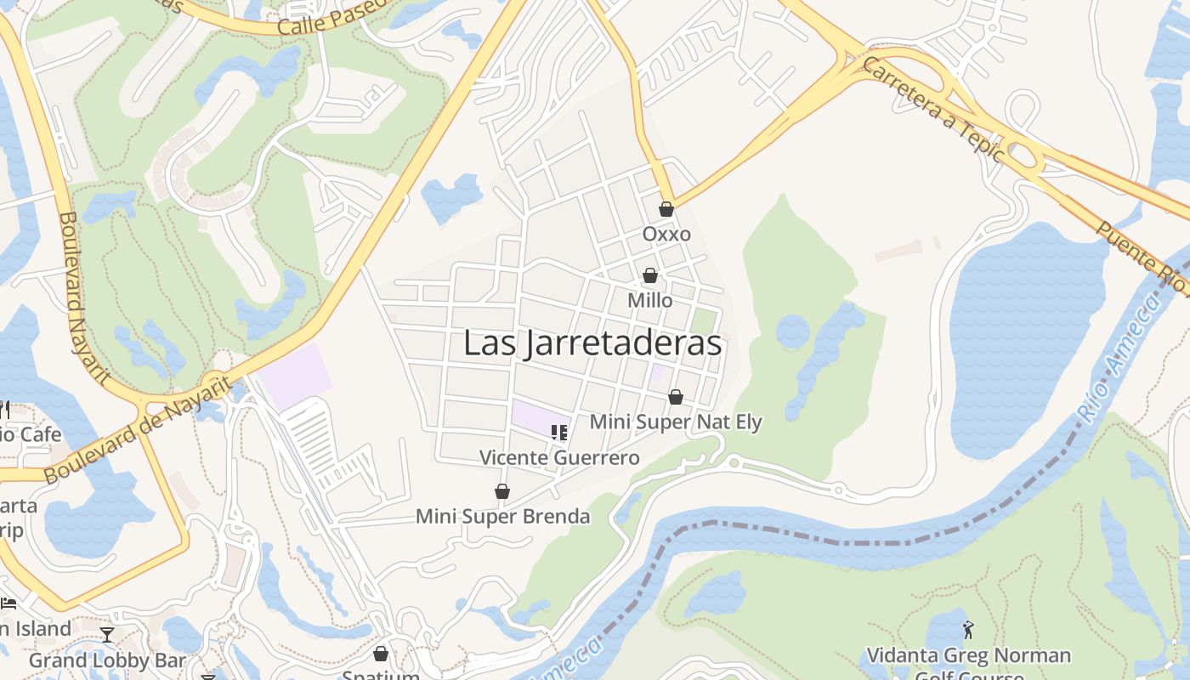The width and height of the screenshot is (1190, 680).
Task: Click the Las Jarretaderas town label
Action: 592,343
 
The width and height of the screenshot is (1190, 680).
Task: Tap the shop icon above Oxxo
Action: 666,209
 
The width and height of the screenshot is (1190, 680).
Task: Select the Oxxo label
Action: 666,234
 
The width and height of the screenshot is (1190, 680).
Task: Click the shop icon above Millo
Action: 650,275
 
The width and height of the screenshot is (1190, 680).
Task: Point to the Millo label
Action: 650,300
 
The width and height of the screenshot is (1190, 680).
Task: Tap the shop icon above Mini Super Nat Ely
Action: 676,397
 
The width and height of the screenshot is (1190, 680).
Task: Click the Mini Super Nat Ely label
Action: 676,422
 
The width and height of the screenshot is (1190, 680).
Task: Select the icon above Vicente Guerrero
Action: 558,433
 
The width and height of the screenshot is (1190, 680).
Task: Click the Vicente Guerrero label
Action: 559,457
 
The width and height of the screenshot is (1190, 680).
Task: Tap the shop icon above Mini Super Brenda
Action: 502,491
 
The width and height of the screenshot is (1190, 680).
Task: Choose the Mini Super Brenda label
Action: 502,516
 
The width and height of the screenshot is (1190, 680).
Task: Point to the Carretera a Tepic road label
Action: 933,110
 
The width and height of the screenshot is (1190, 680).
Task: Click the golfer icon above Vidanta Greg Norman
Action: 967,631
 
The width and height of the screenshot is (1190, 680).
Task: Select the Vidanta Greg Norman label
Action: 967,655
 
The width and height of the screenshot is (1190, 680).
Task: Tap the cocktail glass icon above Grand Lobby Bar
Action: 107,635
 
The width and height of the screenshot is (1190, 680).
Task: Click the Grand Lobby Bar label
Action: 107,660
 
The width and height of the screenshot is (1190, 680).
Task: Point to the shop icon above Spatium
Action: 381,654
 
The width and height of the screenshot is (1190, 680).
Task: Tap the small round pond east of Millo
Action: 792,331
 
